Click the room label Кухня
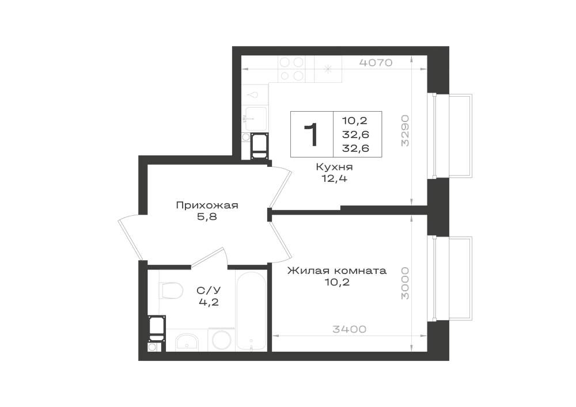pos(334,167)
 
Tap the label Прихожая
pos(207,205)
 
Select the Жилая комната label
pos(336,271)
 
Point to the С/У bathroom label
pos(209,291)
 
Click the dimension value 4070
pos(376,63)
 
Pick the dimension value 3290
pos(405,131)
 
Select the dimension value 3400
pos(350,329)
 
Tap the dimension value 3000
pos(405,283)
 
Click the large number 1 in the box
pos(312,134)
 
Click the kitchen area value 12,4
pos(334,179)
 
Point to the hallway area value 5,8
pos(207,217)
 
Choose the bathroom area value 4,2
pos(209,302)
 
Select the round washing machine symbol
pos(222,340)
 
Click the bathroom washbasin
pos(187,342)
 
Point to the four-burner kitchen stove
pos(291,69)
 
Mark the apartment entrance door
pos(130,237)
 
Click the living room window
pos(450,279)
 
